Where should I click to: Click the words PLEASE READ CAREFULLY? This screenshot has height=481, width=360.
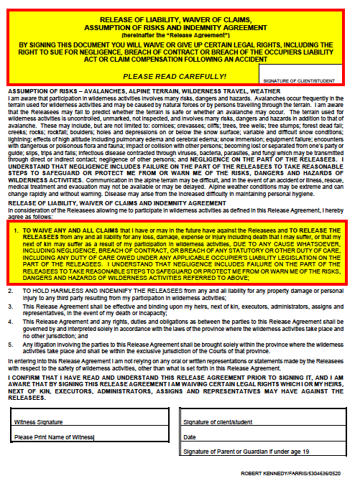click(175, 75)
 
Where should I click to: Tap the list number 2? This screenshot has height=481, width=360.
click(10, 310)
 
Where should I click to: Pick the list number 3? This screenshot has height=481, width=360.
click(10, 324)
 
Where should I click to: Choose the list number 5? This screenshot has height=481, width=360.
click(10, 365)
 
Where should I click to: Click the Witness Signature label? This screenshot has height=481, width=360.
click(39, 421)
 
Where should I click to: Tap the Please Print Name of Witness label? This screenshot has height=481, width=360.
click(54, 436)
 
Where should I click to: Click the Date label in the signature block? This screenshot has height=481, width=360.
click(190, 436)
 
